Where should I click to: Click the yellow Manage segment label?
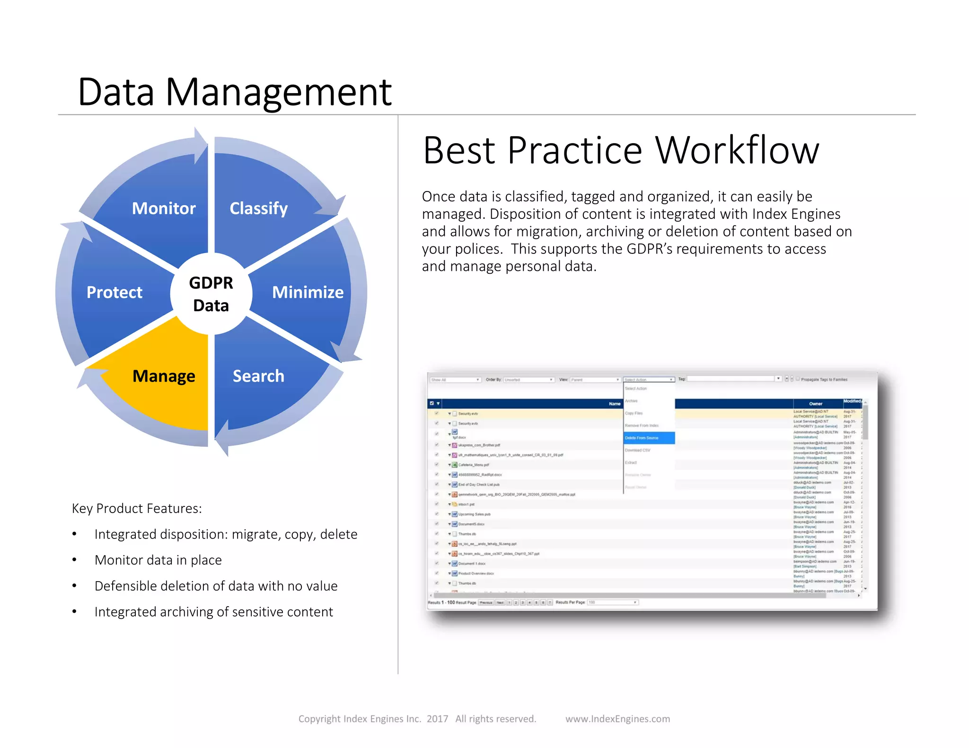click(x=164, y=376)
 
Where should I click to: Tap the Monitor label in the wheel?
click(x=164, y=208)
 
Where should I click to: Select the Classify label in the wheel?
click(x=258, y=208)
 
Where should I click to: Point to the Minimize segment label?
click(x=308, y=292)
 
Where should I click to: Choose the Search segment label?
click(x=258, y=376)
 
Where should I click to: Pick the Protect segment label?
click(x=115, y=292)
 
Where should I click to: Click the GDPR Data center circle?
click(x=211, y=294)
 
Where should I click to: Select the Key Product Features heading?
click(x=137, y=508)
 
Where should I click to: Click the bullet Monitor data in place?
click(x=158, y=560)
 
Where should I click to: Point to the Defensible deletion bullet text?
click(x=216, y=586)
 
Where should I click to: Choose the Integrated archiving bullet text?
click(x=213, y=612)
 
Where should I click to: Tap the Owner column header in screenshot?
click(x=816, y=404)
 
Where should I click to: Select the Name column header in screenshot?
click(x=614, y=404)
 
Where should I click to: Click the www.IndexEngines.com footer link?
click(x=617, y=719)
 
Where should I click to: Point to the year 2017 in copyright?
click(x=437, y=719)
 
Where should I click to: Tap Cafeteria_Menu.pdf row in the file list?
click(x=473, y=465)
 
